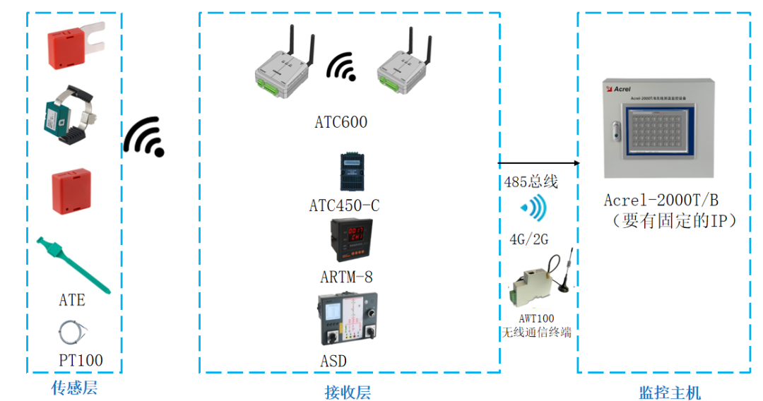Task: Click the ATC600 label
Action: pyautogui.click(x=341, y=122)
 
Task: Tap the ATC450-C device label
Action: pyautogui.click(x=344, y=205)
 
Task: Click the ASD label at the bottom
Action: pyautogui.click(x=333, y=361)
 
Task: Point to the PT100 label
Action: pyautogui.click(x=81, y=361)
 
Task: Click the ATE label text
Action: pyautogui.click(x=72, y=300)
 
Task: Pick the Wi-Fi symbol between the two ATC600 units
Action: pyautogui.click(x=342, y=67)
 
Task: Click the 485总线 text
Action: pyautogui.click(x=531, y=182)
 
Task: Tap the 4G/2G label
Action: pyautogui.click(x=528, y=239)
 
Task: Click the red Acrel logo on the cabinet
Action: pyautogui.click(x=619, y=90)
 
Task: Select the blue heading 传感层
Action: pyautogui.click(x=74, y=388)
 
